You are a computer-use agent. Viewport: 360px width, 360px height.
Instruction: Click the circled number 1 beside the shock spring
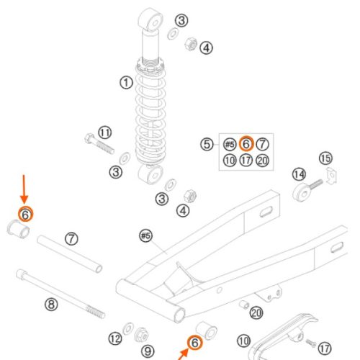pyautogui.click(x=126, y=83)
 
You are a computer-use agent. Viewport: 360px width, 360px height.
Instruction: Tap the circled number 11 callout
pyautogui.click(x=105, y=132)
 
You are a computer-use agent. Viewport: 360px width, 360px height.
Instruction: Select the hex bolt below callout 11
pyautogui.click(x=99, y=143)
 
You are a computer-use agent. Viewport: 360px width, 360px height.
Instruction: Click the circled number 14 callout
pyautogui.click(x=299, y=174)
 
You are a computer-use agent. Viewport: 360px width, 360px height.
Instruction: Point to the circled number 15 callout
pyautogui.click(x=325, y=158)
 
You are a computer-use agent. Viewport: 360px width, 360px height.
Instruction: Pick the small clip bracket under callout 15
pyautogui.click(x=331, y=176)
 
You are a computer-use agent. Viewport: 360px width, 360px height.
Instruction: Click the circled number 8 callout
pyautogui.click(x=51, y=305)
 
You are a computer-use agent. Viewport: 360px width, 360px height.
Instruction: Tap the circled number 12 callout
pyautogui.click(x=115, y=338)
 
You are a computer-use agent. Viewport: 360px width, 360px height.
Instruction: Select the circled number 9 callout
pyautogui.click(x=148, y=351)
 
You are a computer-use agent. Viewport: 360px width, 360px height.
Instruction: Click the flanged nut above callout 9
pyautogui.click(x=141, y=335)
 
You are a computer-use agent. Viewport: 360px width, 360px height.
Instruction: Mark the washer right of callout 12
pyautogui.click(x=128, y=328)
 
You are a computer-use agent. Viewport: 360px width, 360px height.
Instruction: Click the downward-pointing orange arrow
pyautogui.click(x=24, y=189)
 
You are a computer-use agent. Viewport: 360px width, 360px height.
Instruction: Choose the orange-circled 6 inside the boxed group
pyautogui.click(x=246, y=144)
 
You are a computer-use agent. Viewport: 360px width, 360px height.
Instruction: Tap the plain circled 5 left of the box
pyautogui.click(x=207, y=144)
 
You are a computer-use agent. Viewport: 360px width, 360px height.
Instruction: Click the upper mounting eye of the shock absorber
pyautogui.click(x=150, y=20)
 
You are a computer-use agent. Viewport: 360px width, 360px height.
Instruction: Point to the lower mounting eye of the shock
pyautogui.click(x=150, y=174)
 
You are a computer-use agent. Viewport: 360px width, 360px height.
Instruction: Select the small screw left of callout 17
pyautogui.click(x=311, y=343)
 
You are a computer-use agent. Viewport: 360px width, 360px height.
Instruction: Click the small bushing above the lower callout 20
pyautogui.click(x=244, y=305)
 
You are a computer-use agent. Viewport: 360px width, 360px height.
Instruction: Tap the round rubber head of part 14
pyautogui.click(x=301, y=193)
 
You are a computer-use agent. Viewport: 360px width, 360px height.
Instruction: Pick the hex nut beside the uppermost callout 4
pyautogui.click(x=191, y=44)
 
